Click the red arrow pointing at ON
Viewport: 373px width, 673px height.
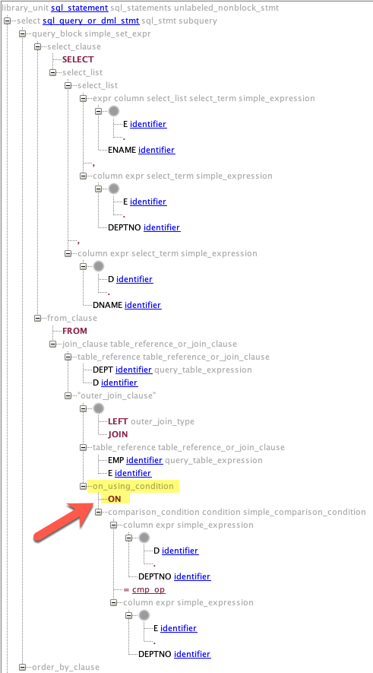coord(65,520)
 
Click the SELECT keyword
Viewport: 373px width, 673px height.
coord(78,59)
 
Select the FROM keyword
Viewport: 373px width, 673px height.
coord(74,331)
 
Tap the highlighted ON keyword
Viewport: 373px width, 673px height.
coord(115,499)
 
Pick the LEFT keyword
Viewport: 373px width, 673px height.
coord(118,421)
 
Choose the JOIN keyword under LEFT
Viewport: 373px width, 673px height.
coord(118,434)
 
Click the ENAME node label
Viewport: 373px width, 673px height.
coord(122,150)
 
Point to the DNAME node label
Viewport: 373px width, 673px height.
coord(107,305)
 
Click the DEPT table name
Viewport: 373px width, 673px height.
coord(103,370)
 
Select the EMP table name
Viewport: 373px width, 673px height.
coord(115,460)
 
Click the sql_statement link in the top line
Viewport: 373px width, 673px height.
coord(79,8)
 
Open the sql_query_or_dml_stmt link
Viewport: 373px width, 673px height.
coord(91,21)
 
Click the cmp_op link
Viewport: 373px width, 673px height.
coord(149,589)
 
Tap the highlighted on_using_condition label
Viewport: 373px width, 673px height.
coord(132,486)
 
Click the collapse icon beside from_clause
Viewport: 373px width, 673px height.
coord(38,318)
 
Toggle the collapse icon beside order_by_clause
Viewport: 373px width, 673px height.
coord(23,667)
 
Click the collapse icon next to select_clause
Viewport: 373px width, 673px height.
coord(38,46)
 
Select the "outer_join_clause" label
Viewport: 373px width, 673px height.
coord(117,395)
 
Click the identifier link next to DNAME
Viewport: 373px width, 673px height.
coord(143,305)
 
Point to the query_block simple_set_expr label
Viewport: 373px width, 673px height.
coord(92,33)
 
